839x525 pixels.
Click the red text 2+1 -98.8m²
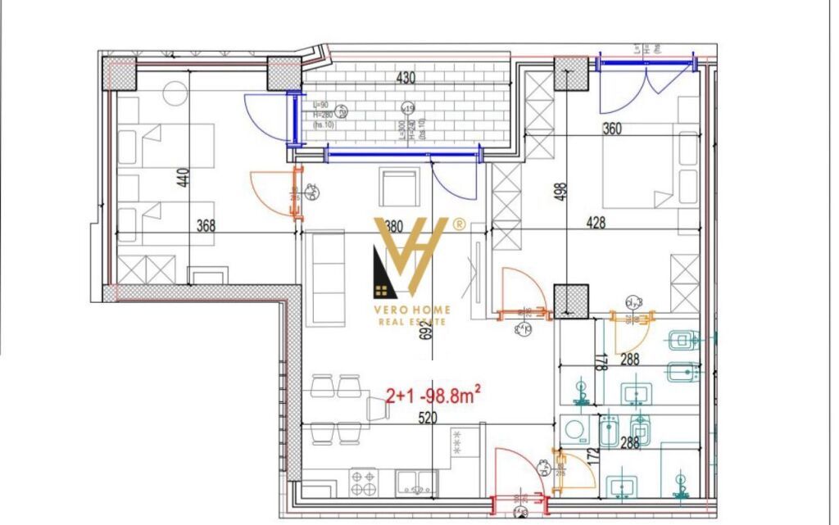pos(432,396)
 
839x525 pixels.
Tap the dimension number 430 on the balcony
pos(406,79)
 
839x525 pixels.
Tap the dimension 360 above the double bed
pos(611,129)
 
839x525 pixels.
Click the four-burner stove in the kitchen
pos(363,482)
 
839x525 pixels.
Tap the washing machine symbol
pos(574,428)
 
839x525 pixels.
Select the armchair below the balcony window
pos(401,188)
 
